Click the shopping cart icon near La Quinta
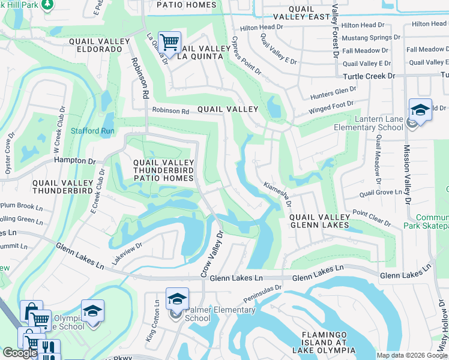point(170,42)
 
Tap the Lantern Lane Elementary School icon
point(420,110)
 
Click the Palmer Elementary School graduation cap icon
point(177,299)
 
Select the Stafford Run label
point(92,131)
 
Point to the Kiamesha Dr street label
point(276,196)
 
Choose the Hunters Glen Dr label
point(333,93)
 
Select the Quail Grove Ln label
point(380,193)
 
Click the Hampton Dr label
point(75,161)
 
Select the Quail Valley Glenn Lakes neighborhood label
point(319,221)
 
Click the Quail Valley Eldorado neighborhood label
point(99,46)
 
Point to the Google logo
point(20,353)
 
